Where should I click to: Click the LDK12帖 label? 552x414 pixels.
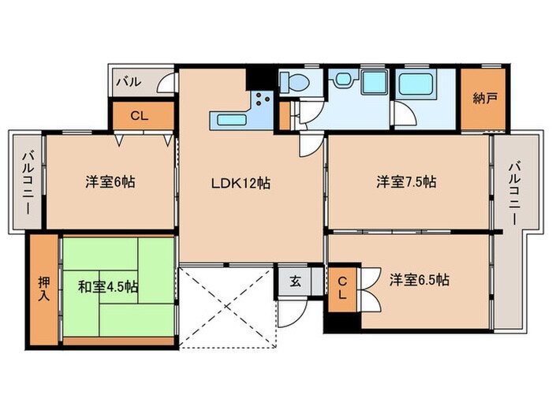241,183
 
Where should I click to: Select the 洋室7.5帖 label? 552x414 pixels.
405,182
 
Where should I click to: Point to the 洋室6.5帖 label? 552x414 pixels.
419,279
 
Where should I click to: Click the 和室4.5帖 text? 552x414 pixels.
108,286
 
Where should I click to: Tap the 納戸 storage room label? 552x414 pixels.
484,99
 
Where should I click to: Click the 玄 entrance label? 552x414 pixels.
293,280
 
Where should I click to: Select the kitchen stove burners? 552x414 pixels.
262,100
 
